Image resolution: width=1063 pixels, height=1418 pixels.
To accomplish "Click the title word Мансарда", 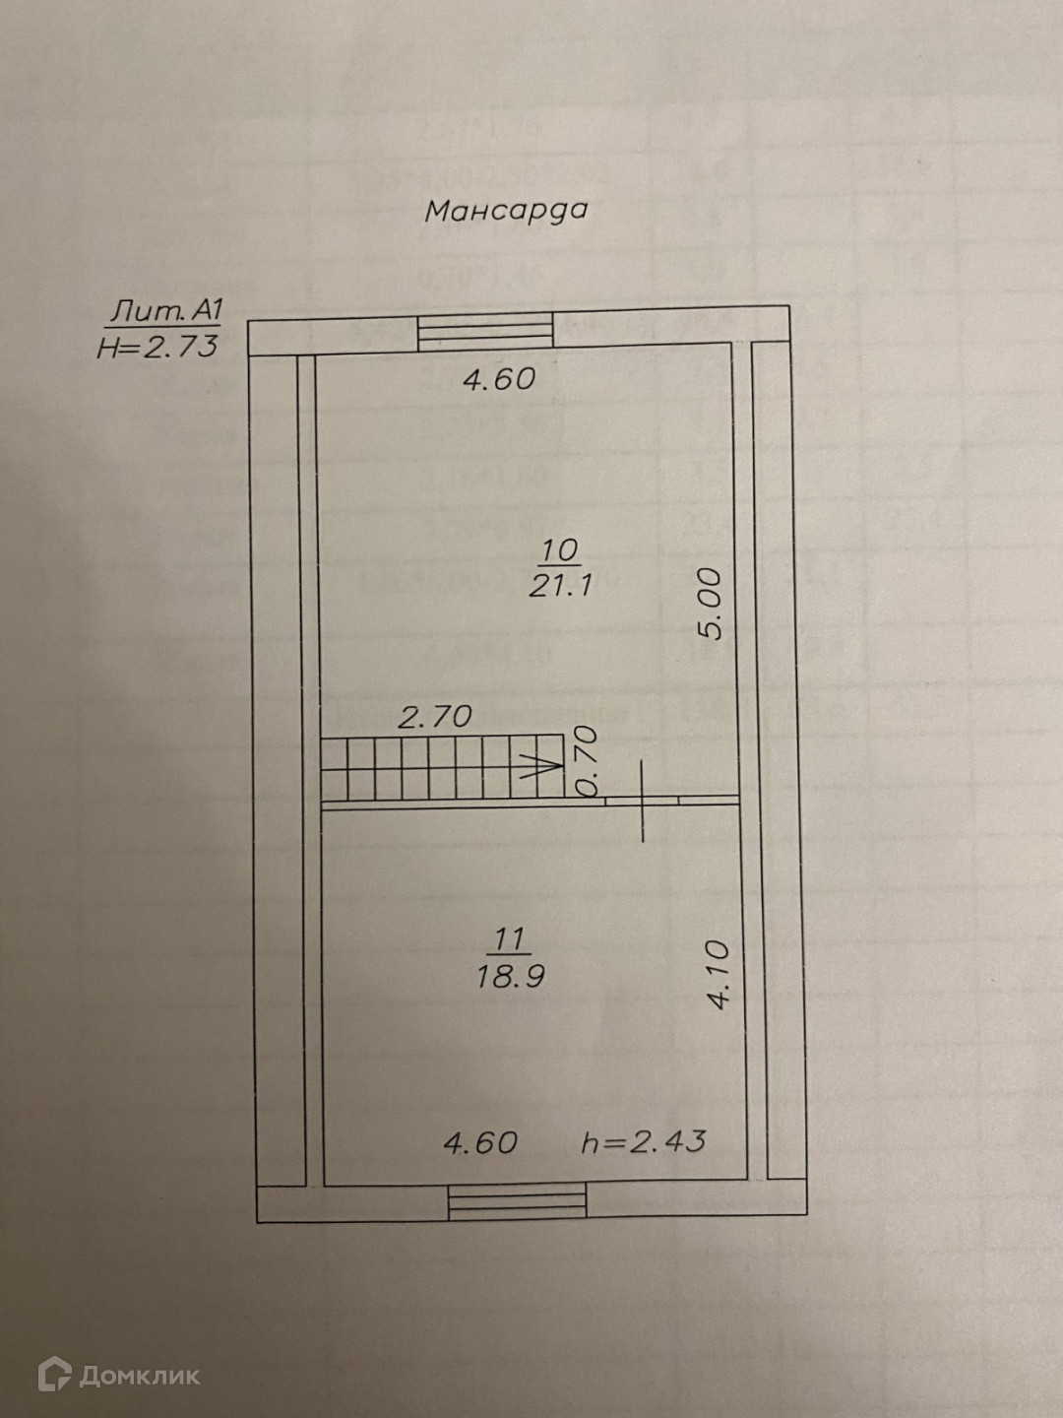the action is click(505, 211).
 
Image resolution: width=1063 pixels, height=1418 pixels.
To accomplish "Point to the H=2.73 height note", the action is click(157, 347).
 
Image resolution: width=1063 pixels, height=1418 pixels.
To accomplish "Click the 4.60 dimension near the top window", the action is click(499, 379).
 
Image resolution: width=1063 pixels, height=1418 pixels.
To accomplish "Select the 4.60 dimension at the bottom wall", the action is click(480, 1142).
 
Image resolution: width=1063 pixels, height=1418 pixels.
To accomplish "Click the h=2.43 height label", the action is click(644, 1142).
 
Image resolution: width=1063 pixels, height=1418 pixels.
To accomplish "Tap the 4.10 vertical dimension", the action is click(718, 974).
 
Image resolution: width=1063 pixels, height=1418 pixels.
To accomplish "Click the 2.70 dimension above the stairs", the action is click(434, 716).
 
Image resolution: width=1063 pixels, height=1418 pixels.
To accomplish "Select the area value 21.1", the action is click(559, 586).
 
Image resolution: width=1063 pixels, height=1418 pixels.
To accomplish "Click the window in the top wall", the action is click(484, 330).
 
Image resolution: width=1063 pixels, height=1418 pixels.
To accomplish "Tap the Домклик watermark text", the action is click(139, 1375).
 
